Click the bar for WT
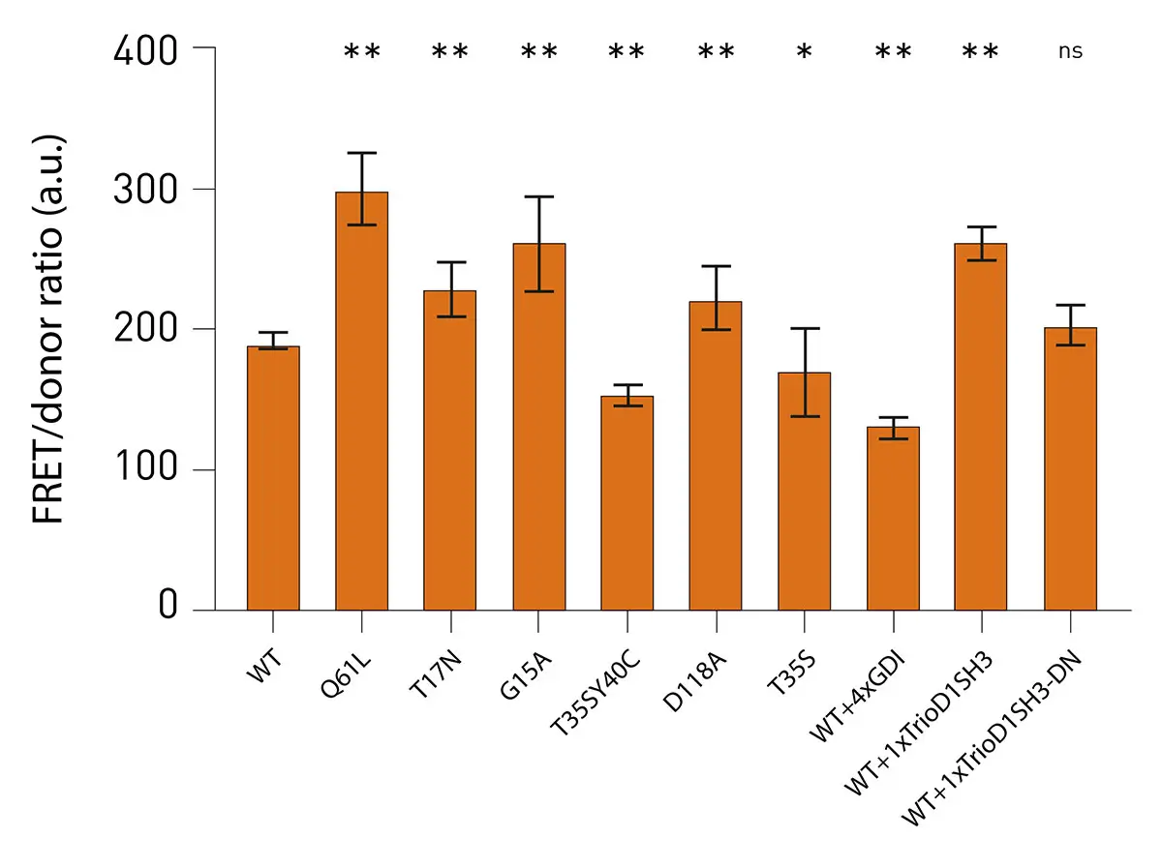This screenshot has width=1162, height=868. [273, 478]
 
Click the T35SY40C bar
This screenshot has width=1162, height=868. [627, 503]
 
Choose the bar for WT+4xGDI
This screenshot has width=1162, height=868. [893, 518]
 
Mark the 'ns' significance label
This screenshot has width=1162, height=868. [1070, 51]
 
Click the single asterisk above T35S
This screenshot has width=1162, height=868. [804, 53]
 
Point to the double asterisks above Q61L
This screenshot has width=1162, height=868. [362, 53]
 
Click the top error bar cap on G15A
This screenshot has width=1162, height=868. [538, 196]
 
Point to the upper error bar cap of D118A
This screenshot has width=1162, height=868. [716, 266]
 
